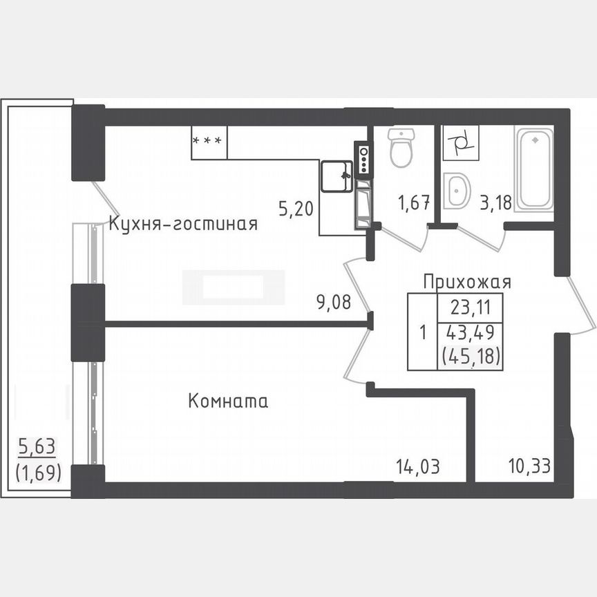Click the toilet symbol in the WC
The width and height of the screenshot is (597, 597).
tap(401, 147)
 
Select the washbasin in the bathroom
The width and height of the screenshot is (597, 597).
tap(456, 191)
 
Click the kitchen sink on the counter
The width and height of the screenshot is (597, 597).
tap(337, 177)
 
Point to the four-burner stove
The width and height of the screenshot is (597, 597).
tap(363, 160)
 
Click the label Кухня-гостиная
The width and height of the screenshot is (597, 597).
tap(183, 224)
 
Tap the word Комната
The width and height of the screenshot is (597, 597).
tap(228, 401)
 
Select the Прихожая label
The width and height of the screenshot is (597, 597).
tap(467, 281)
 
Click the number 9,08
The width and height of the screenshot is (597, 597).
tap(334, 301)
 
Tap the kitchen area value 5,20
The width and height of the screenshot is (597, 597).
tap(296, 208)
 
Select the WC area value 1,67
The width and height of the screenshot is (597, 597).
tap(414, 202)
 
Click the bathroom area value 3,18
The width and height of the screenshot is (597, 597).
tap(495, 202)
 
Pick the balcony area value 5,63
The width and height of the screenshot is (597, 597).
tap(37, 447)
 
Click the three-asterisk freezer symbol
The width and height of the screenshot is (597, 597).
tap(208, 141)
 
